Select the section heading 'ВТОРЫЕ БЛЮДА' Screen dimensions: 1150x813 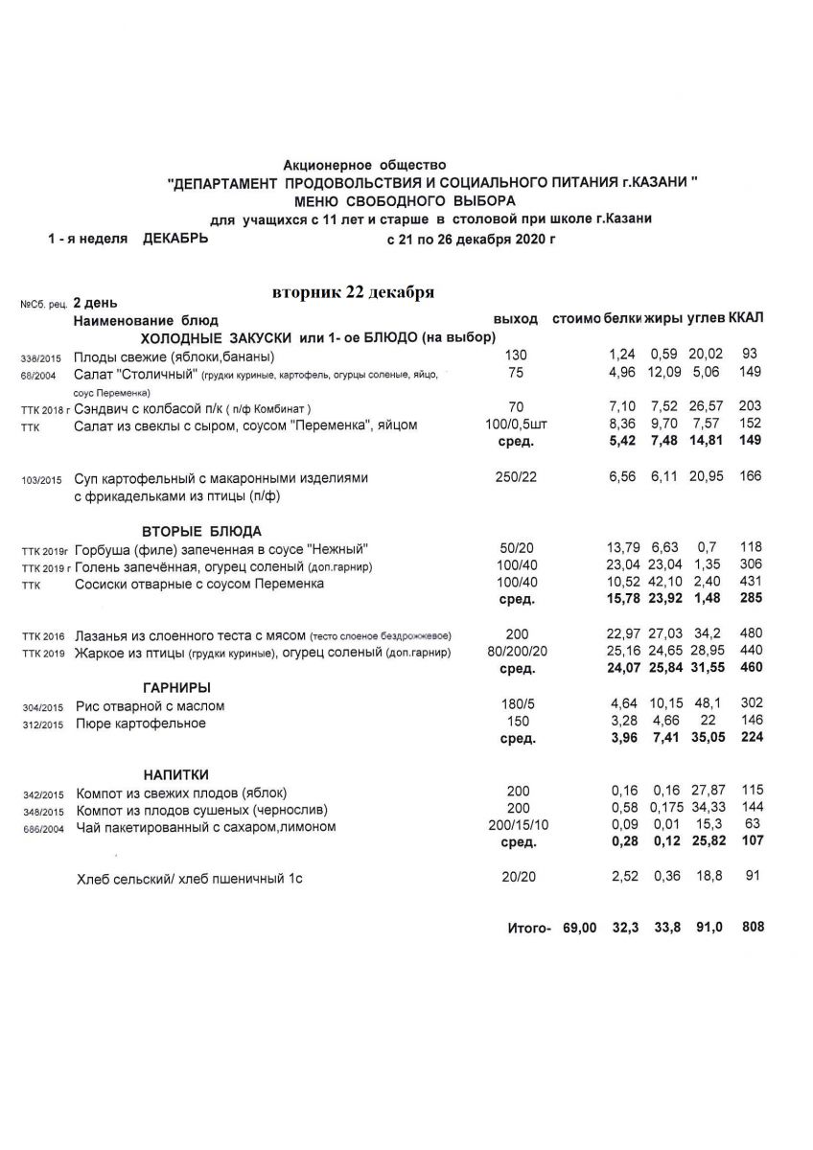coord(200,531)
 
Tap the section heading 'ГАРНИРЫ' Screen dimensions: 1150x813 coord(176,687)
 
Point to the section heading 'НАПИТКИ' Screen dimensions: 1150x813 coord(176,773)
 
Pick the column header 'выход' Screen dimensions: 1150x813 coord(515,318)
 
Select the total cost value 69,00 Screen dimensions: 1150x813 coord(580,928)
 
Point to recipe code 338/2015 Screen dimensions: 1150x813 coord(40,357)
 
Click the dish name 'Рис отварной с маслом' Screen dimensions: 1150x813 coord(150,706)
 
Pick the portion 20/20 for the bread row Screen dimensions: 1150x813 coord(518,877)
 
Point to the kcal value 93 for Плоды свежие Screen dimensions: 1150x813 coord(750,355)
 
